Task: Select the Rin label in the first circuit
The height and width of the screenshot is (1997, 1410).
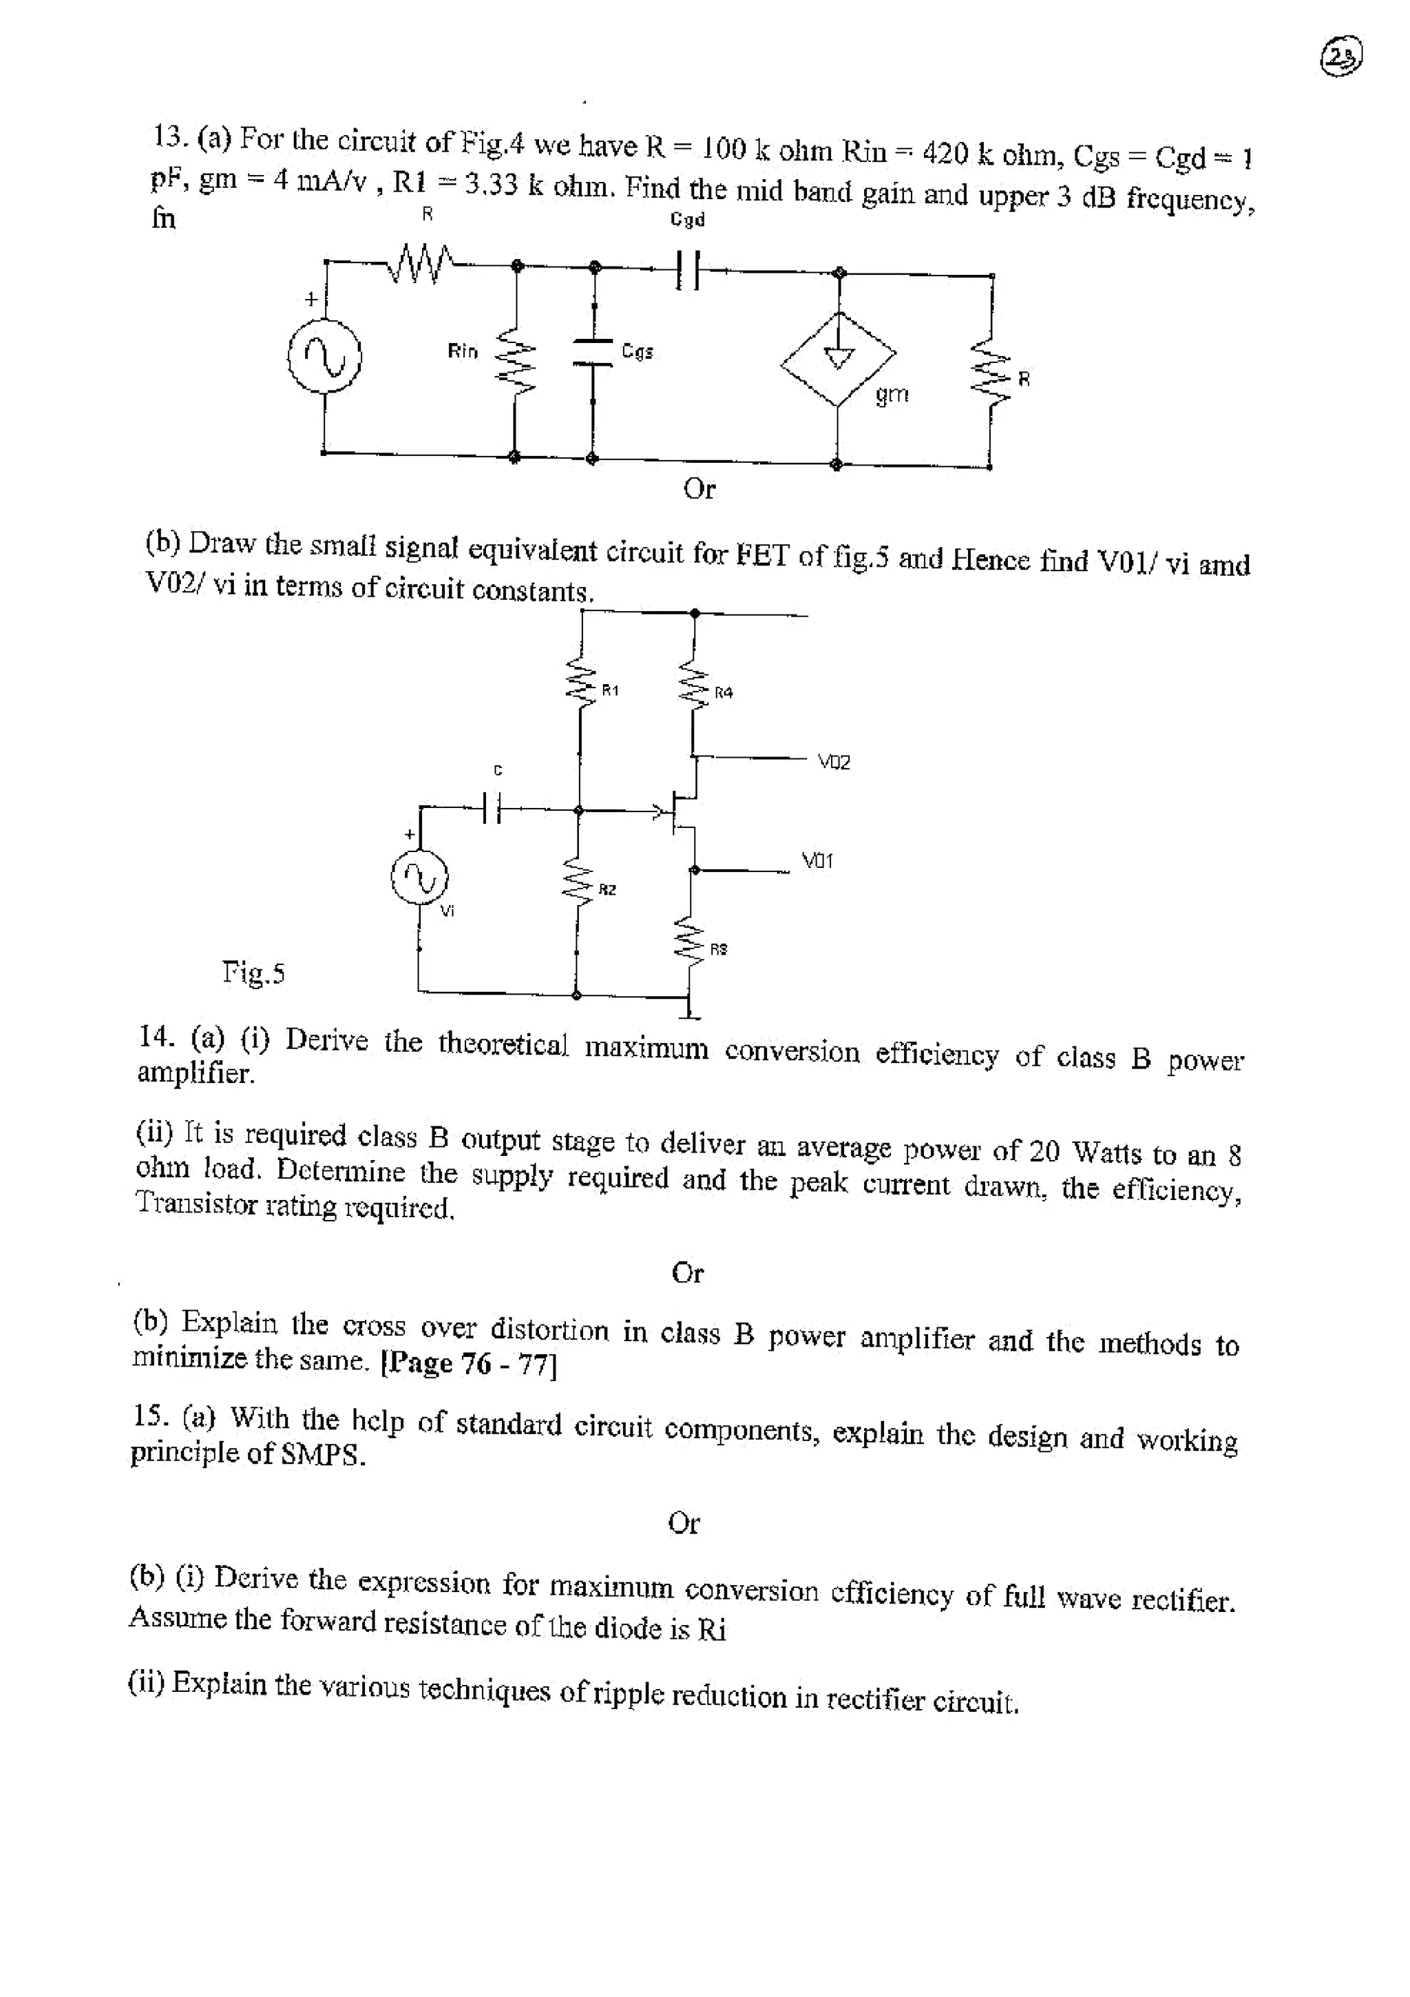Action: pyautogui.click(x=463, y=351)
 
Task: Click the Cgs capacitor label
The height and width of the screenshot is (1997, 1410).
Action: pyautogui.click(x=638, y=351)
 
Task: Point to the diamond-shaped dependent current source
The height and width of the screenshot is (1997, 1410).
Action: pyautogui.click(x=838, y=358)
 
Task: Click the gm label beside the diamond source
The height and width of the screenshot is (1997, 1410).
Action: pyautogui.click(x=892, y=395)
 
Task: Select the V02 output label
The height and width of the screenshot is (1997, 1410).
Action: pyautogui.click(x=834, y=762)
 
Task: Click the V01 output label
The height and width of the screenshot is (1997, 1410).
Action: pyautogui.click(x=817, y=860)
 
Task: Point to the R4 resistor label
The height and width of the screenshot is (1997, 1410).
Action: pyautogui.click(x=724, y=692)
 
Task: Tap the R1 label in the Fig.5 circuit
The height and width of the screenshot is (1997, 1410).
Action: pyautogui.click(x=610, y=690)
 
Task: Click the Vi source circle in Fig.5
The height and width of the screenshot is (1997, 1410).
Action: pyautogui.click(x=419, y=878)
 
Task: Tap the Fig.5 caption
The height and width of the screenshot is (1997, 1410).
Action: pyautogui.click(x=253, y=971)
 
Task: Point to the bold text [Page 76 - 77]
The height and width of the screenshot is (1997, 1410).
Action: pyautogui.click(x=470, y=1363)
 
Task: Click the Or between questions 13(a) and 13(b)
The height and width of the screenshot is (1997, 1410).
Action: pyautogui.click(x=699, y=489)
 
